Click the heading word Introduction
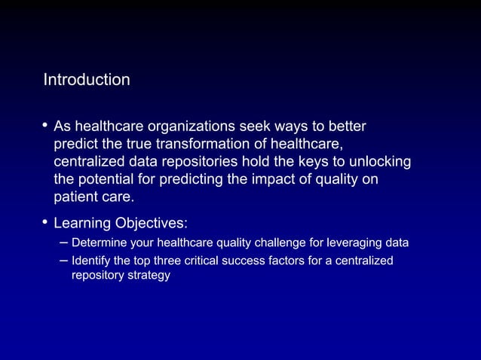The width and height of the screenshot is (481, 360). [87, 80]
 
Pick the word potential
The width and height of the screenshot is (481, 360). [108, 180]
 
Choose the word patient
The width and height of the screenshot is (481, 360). [76, 198]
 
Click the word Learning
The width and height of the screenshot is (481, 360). [81, 224]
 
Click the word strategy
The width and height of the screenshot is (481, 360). [150, 276]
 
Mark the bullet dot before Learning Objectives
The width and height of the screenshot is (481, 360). [46, 222]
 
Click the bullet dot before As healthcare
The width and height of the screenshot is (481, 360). [46, 124]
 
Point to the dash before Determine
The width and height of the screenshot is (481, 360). [63, 243]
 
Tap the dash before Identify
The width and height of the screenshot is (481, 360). [63, 261]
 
